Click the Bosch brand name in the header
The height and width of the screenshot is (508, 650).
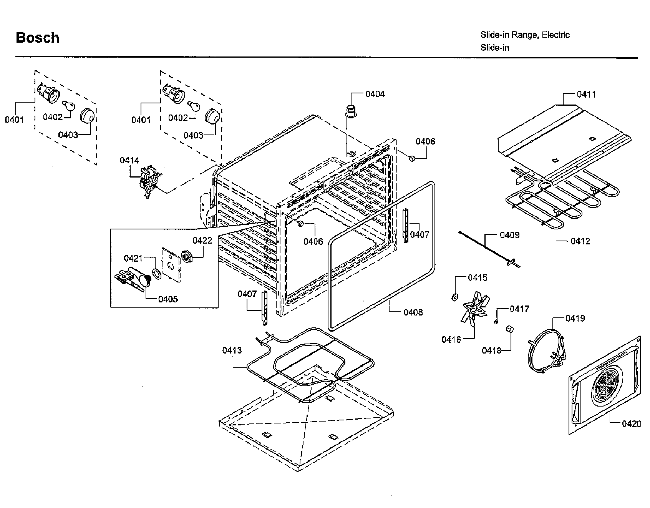pos(38,38)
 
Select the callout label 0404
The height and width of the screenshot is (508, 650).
pos(375,94)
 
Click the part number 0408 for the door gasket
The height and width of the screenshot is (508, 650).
pos(413,312)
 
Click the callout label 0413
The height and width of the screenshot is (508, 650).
pos(232,350)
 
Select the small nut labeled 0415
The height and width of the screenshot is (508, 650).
pos(454,297)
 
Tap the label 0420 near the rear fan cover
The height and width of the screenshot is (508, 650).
pos(632,423)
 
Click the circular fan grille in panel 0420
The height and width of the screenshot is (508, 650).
pos(609,385)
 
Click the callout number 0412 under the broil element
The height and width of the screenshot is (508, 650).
pos(580,241)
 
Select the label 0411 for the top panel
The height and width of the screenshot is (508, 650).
pos(586,94)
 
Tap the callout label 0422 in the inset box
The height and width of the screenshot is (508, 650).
pos(202,241)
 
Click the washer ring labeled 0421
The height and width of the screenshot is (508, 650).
pos(156,273)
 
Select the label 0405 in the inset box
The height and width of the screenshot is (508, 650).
pos(168,299)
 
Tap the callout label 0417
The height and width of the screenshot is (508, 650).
pos(519,309)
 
